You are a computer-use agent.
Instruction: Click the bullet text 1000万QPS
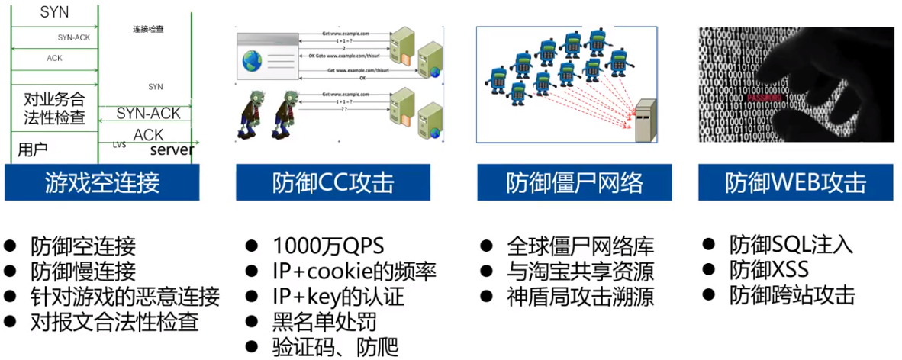pyautogui.click(x=328, y=246)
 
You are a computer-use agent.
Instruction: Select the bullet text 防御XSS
pyautogui.click(x=768, y=270)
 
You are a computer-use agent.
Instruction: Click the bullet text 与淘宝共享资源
pyautogui.click(x=581, y=272)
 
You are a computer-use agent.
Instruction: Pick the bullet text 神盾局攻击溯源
pyautogui.click(x=581, y=297)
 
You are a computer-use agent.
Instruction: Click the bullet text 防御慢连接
pyautogui.click(x=83, y=271)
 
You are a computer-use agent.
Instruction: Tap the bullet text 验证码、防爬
pyautogui.click(x=335, y=347)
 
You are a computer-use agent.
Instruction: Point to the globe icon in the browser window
pyautogui.click(x=252, y=61)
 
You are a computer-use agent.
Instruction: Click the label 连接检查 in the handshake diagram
pyautogui.click(x=148, y=30)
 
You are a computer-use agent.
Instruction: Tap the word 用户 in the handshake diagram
pyautogui.click(x=33, y=148)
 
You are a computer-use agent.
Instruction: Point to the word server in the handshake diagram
pyautogui.click(x=172, y=149)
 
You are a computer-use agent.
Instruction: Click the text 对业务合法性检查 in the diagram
pyautogui.click(x=54, y=109)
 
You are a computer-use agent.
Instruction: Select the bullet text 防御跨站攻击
pyautogui.click(x=792, y=296)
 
